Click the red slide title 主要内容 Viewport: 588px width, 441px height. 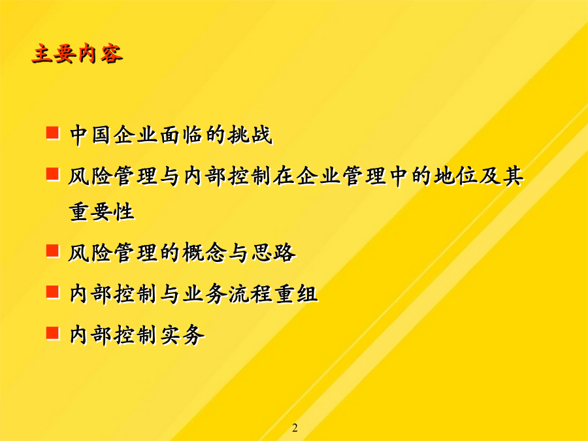click(77, 54)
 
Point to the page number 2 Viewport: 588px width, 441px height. click(295, 428)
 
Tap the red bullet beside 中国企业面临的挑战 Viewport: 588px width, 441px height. click(53, 133)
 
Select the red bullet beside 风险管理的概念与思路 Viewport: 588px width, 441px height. click(53, 250)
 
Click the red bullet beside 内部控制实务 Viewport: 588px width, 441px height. click(53, 333)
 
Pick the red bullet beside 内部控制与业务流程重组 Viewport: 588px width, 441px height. click(53, 292)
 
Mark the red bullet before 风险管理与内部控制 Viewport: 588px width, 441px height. click(53, 174)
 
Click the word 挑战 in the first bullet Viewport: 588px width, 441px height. click(250, 135)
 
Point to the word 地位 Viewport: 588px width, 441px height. click(455, 176)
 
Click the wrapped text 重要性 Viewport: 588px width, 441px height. click(102, 212)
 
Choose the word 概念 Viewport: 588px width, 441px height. click(204, 252)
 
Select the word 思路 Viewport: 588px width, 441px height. click(273, 252)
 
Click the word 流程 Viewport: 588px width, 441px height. click(250, 293)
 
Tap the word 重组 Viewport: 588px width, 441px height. click(296, 293)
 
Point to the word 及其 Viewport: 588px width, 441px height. click(500, 176)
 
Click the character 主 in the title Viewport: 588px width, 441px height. click(42, 54)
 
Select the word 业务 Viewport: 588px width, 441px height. click(204, 293)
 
